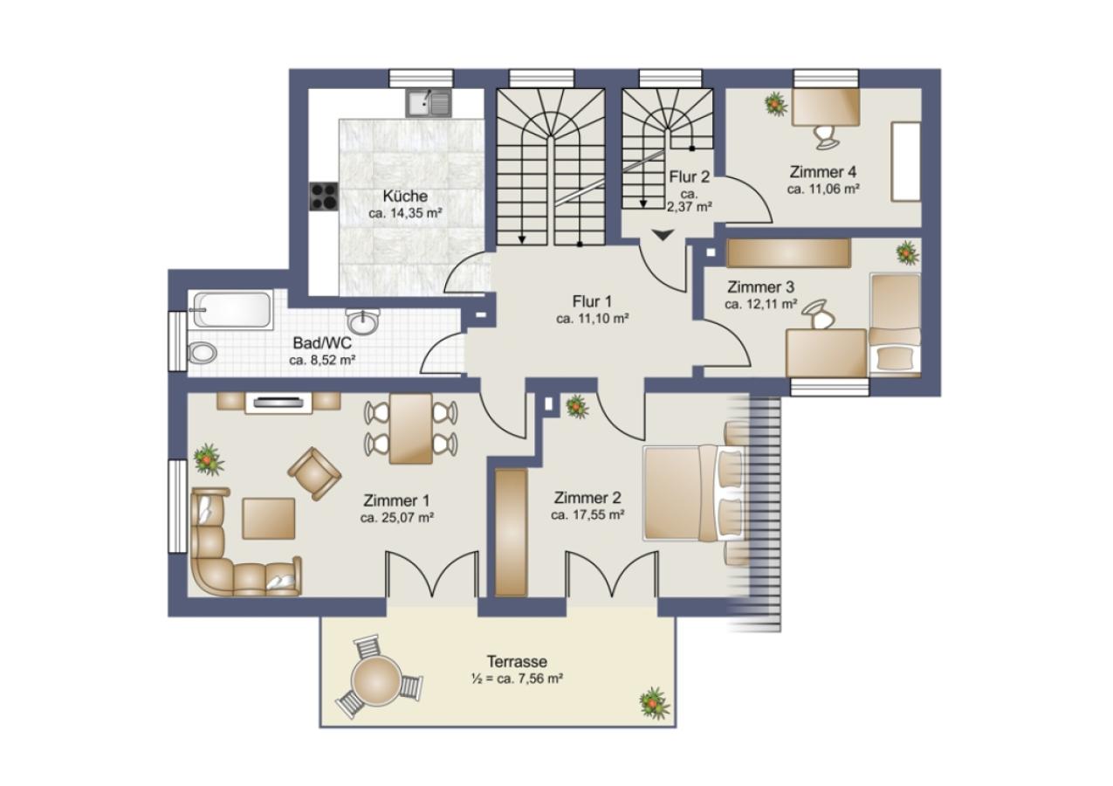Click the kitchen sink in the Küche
pos(429,103)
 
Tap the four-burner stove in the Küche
pos(324,196)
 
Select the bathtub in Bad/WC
pos(232,310)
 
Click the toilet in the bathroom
pos(203,354)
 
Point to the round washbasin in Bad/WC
pos(364,321)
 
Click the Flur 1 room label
pos(592,300)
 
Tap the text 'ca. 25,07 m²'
pos(397,518)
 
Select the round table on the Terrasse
pos(376,679)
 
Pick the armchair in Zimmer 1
pos(314,473)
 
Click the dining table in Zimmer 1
pos(410,429)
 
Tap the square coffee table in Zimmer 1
pos(268,519)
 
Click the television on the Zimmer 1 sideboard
pos(278,403)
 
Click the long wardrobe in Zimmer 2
pos(511,533)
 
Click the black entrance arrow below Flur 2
pos(663,235)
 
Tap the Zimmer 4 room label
pos(823,172)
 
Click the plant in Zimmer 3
pos(907,252)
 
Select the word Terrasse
pos(518,662)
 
